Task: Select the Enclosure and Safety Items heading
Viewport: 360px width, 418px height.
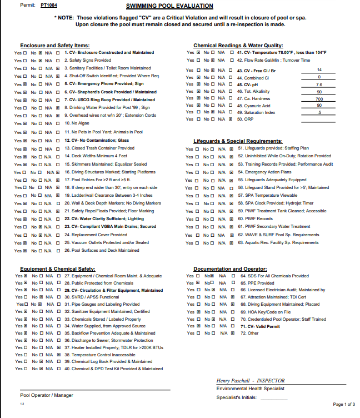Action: click(55, 46)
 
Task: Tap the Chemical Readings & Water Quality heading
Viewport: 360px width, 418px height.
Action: click(238, 46)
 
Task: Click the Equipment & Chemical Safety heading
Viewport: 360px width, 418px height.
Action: click(57, 268)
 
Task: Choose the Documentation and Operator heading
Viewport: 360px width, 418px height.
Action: click(230, 268)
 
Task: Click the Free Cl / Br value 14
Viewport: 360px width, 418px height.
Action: click(319, 70)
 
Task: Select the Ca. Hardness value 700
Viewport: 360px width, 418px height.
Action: click(319, 98)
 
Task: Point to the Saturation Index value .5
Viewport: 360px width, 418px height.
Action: click(319, 112)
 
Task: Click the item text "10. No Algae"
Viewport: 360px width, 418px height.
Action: click(78, 123)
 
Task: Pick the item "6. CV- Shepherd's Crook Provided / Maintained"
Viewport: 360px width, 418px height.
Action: click(110, 92)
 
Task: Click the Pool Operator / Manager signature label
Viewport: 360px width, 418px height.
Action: click(47, 395)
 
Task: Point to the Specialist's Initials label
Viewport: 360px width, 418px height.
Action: click(238, 397)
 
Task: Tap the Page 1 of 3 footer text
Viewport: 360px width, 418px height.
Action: click(344, 404)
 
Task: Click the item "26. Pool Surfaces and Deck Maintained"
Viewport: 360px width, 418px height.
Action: click(102, 250)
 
